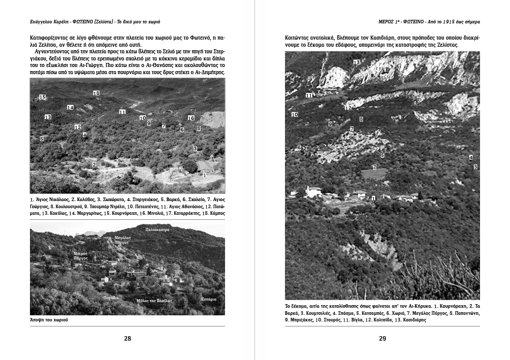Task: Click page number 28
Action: point(127,339)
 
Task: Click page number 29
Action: point(382,339)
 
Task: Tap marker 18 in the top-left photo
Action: point(97,93)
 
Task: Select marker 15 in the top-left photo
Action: point(43,97)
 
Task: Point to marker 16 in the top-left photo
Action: point(191,118)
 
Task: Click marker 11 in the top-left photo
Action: point(122,112)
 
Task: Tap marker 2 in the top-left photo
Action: point(94,165)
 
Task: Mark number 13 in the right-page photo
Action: point(357,62)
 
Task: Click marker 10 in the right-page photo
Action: point(295,115)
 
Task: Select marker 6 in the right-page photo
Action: point(299,147)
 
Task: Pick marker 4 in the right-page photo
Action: point(471,157)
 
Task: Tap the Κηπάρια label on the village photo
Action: point(208,299)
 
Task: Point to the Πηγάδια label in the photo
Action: point(111,298)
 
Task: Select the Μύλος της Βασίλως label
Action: point(154,301)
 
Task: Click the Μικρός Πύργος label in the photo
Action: point(81,255)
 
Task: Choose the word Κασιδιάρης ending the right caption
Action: point(410,320)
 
